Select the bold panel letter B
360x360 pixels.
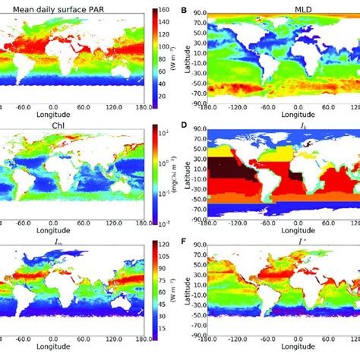pyautogui.click(x=183, y=8)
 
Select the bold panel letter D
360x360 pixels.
pyautogui.click(x=183, y=125)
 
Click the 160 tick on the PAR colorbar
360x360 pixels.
pyautogui.click(x=166, y=10)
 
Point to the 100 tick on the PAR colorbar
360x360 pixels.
pyautogui.click(x=166, y=48)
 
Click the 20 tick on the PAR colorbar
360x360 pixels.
pyautogui.click(x=166, y=96)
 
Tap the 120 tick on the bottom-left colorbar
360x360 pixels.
pyautogui.click(x=166, y=245)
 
